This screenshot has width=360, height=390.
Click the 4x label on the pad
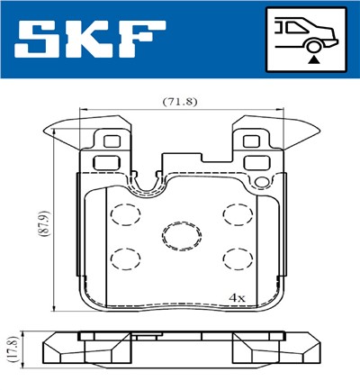tap(237, 296)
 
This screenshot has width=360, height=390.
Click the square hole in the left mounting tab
tap(112, 141)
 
